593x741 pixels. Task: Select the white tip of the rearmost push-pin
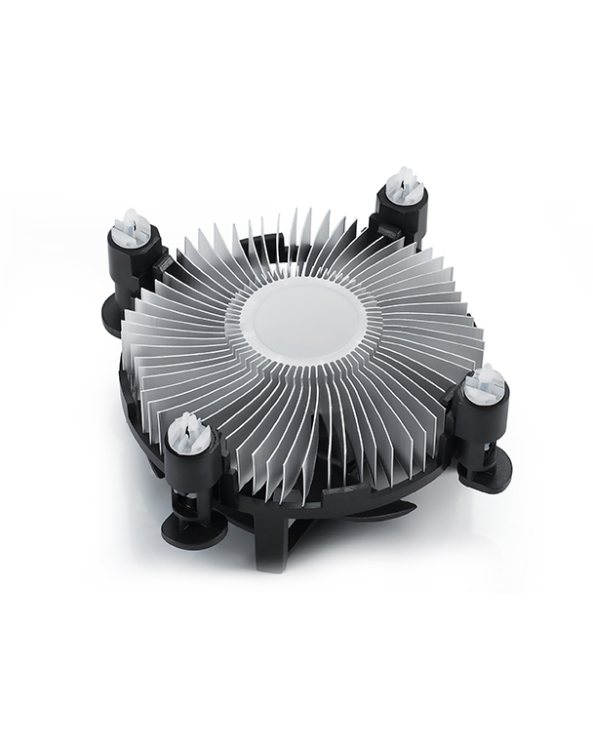click(403, 183)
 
